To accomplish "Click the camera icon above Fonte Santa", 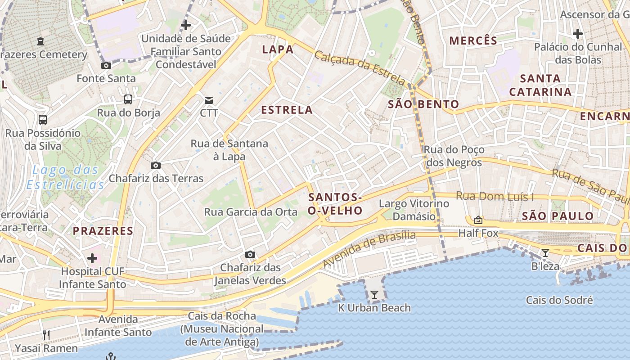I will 106,66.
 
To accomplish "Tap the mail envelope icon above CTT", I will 209,100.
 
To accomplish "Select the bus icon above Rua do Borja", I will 128,99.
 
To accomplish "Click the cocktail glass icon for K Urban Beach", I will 374,295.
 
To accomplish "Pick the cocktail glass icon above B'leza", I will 545,253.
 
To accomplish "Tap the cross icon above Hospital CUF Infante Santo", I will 92,258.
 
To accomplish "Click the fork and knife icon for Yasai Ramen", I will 46,335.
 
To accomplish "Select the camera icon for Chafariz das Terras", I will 156,166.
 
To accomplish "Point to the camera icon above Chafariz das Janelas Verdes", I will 250,255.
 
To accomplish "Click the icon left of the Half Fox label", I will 478,220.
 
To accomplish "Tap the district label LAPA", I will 278,49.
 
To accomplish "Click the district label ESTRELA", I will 287,110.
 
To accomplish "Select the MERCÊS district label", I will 473,40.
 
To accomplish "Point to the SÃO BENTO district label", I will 423,104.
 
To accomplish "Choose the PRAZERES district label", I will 103,231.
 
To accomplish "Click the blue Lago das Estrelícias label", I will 65,177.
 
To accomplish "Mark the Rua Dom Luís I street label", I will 495,196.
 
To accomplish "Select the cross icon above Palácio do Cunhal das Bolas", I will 578,34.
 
